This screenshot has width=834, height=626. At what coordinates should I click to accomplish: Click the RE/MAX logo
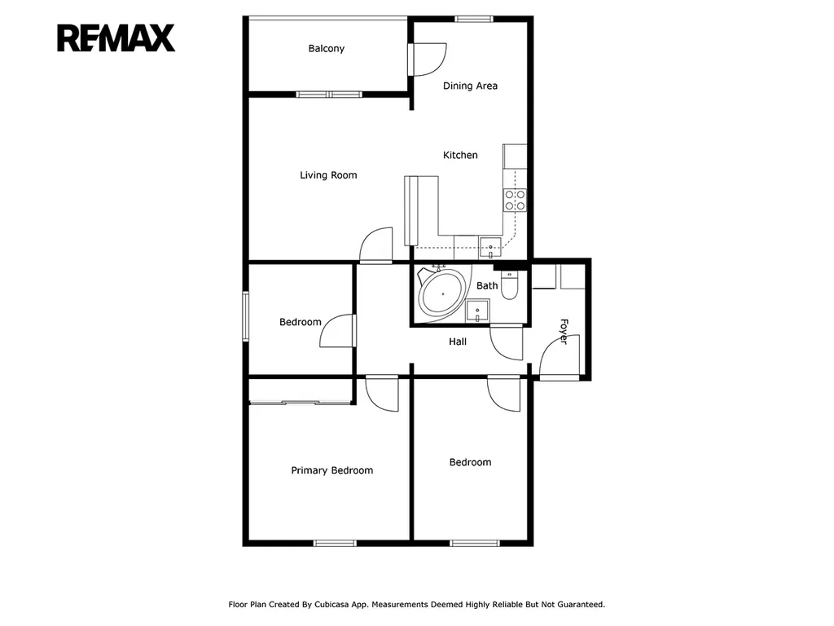[116, 37]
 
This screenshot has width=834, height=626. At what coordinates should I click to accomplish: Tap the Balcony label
[327, 48]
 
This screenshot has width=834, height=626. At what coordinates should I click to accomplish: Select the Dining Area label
[470, 86]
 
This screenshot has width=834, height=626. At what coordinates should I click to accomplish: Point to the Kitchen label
[461, 155]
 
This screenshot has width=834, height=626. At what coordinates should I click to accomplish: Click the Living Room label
[328, 175]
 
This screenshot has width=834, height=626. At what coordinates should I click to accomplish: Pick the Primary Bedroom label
[332, 470]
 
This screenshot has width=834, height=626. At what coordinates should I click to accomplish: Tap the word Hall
[458, 342]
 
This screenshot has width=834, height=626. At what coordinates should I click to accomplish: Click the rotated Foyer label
[564, 331]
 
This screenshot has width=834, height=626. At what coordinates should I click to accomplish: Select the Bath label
[487, 286]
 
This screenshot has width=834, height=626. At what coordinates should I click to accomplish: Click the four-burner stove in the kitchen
[515, 201]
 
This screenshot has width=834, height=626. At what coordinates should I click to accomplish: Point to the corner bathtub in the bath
[441, 293]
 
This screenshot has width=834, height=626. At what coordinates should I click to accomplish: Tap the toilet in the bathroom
[510, 285]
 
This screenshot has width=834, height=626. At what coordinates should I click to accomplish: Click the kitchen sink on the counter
[490, 248]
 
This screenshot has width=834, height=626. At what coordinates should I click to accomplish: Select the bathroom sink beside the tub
[477, 311]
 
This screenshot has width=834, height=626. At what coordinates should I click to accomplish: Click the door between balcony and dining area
[427, 60]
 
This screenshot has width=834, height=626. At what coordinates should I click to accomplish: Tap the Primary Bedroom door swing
[382, 393]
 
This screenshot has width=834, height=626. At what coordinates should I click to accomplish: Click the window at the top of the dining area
[474, 20]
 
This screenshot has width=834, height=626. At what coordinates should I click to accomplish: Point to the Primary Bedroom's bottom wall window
[335, 543]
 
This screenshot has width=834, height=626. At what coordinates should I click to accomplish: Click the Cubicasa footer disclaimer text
[416, 604]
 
